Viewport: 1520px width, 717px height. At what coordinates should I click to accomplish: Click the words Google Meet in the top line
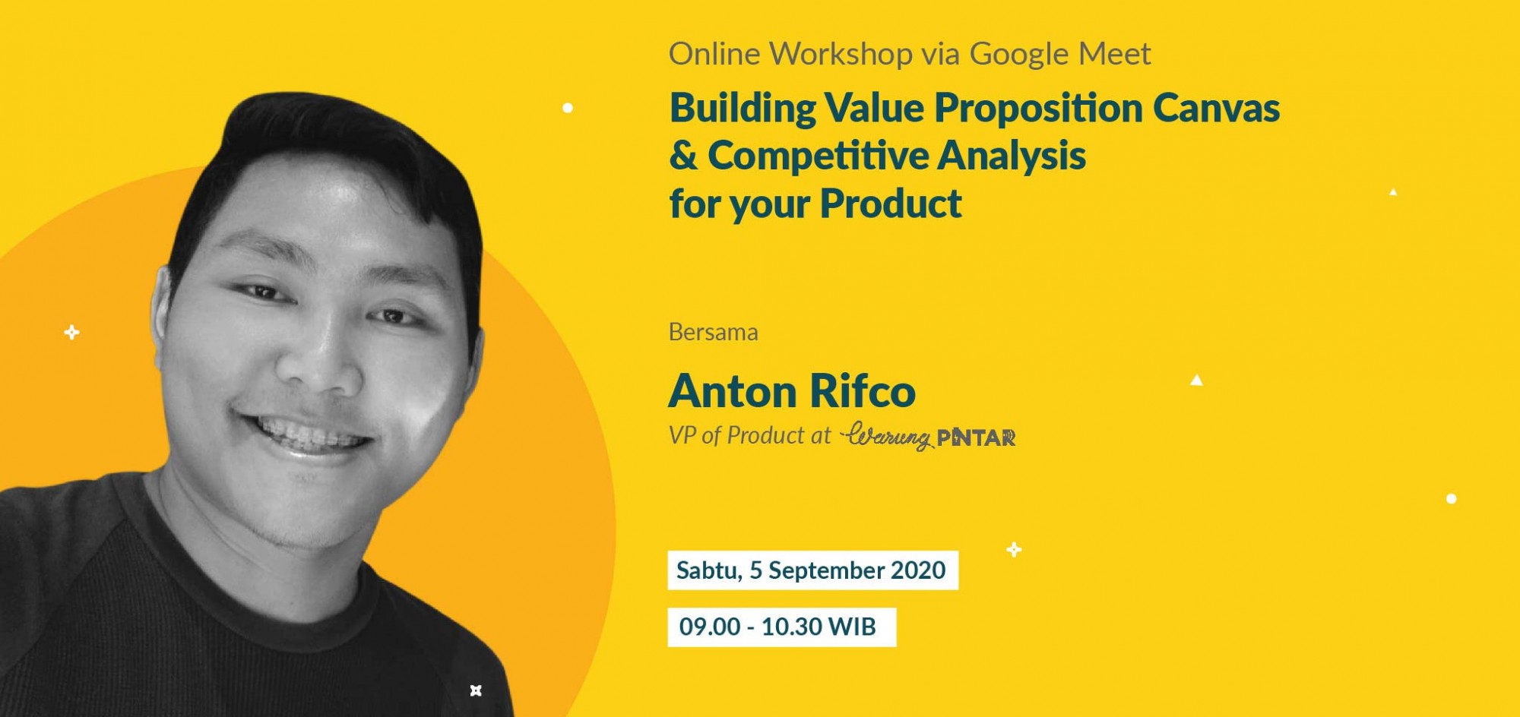click(1060, 55)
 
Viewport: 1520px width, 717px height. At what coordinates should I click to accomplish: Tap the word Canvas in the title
click(1216, 108)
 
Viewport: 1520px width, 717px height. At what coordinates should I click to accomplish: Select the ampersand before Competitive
click(683, 156)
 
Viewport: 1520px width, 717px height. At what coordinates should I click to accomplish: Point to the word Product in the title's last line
click(891, 204)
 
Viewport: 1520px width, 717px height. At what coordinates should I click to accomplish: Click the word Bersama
click(713, 332)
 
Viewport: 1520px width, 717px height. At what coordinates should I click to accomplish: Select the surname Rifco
click(863, 391)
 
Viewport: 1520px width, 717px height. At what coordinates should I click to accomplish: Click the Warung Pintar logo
click(928, 436)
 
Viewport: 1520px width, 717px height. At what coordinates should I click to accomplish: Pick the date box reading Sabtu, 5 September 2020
click(812, 570)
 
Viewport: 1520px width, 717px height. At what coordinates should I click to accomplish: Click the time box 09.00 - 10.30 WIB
click(782, 627)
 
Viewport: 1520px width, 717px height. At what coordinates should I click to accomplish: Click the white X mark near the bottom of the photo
click(476, 690)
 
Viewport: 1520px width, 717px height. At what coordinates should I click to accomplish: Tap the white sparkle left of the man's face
click(71, 332)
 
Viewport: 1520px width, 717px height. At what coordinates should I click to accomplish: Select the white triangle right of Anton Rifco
click(1196, 380)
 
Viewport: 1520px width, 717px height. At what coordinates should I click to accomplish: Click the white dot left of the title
click(568, 108)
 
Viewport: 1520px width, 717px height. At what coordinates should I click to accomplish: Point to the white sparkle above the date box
click(1014, 549)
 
